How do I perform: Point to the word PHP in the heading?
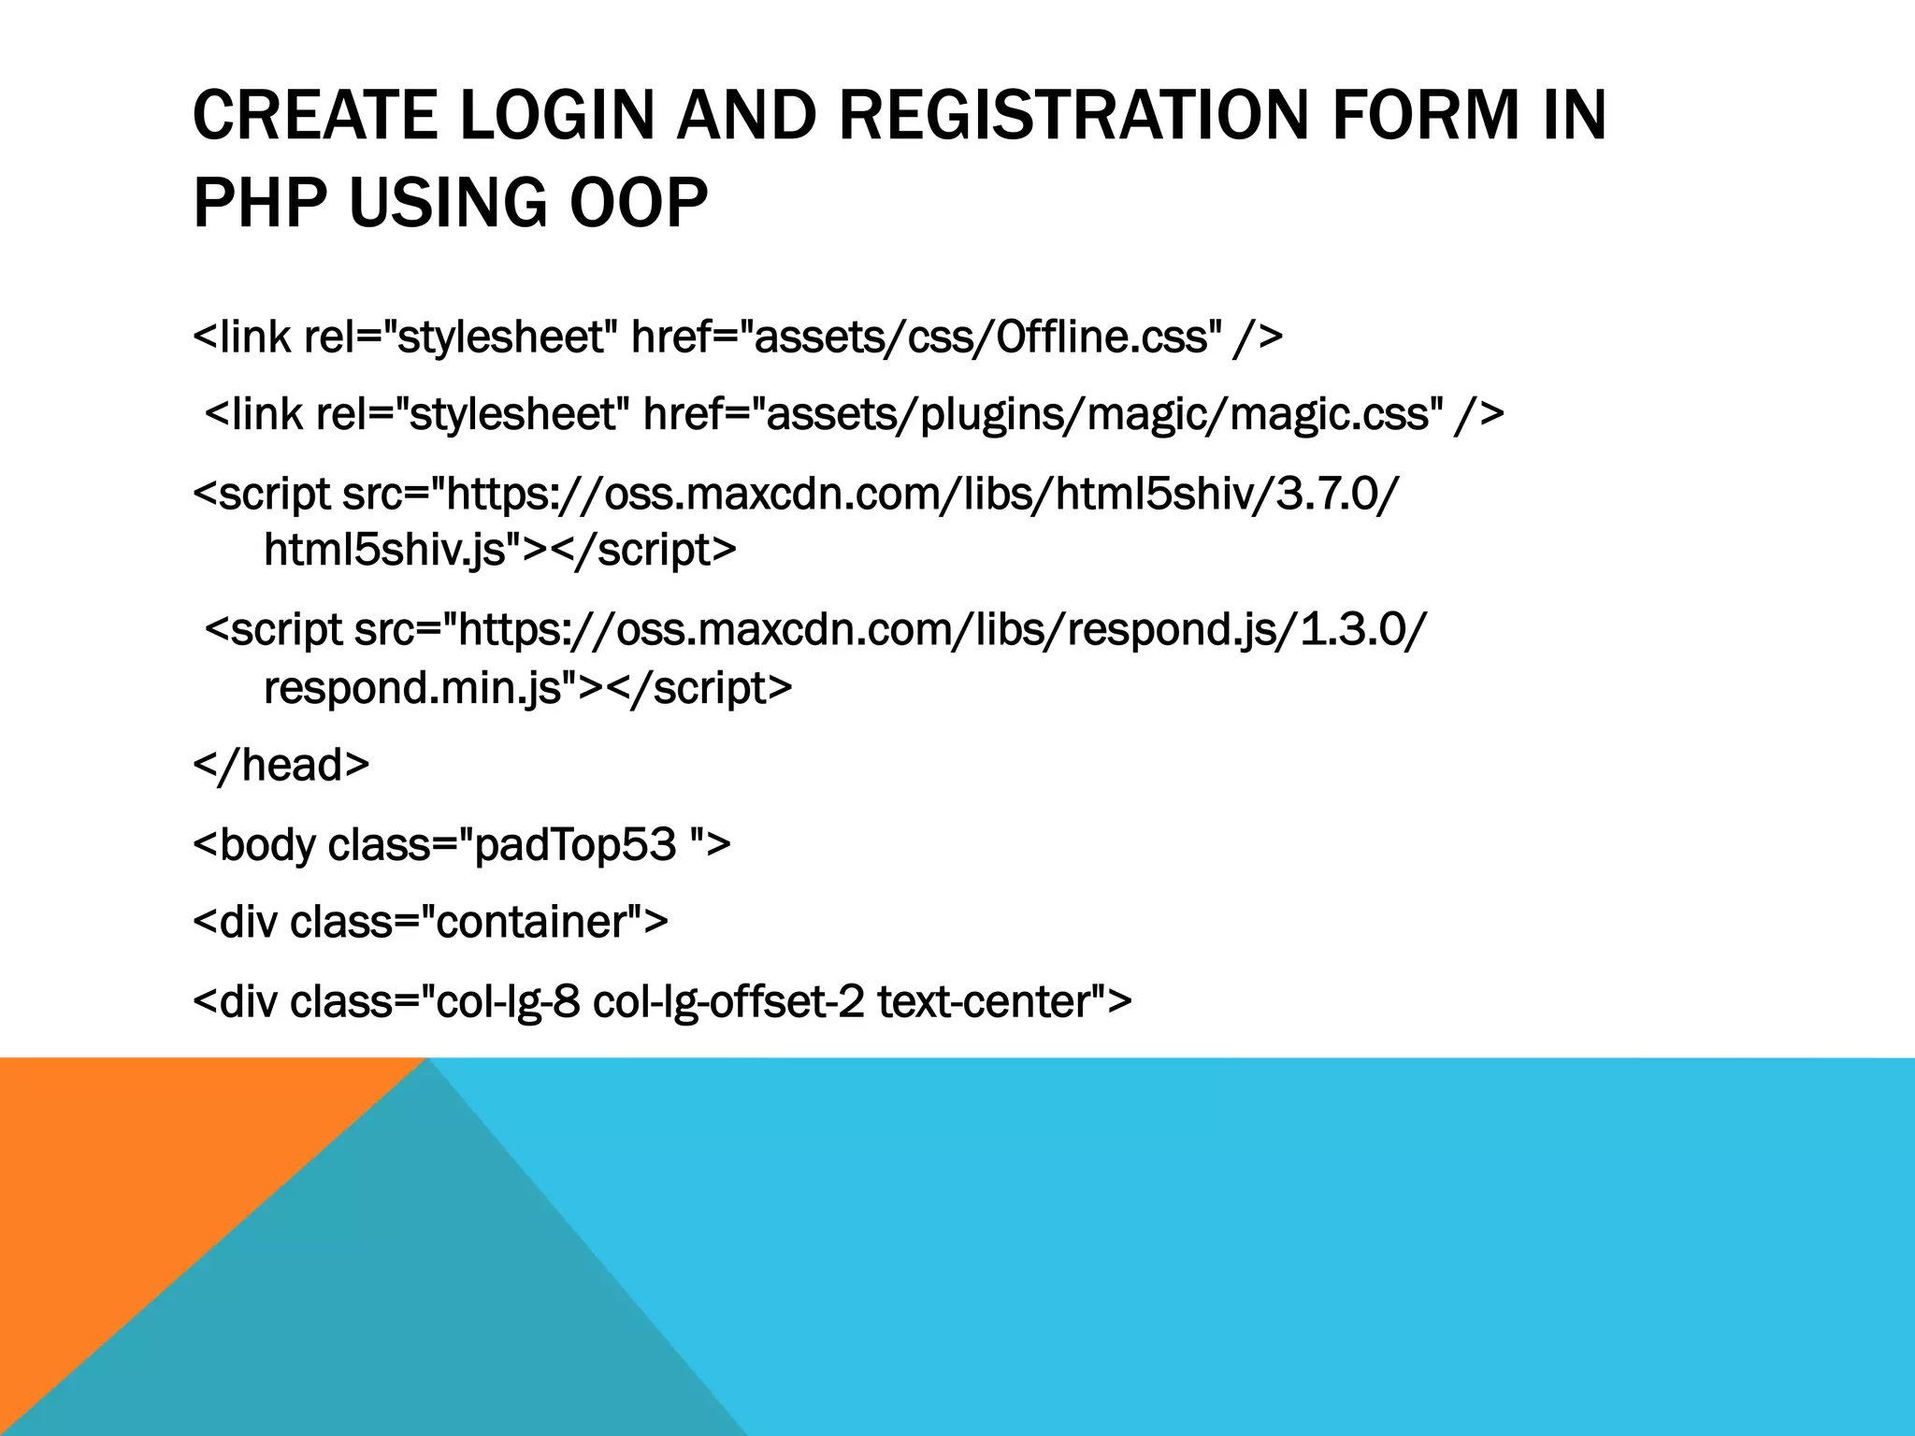click(x=261, y=203)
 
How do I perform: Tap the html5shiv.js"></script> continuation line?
click(x=500, y=550)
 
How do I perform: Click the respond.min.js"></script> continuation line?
click(x=527, y=688)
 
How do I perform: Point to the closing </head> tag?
click(x=281, y=765)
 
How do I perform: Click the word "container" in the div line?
click(x=533, y=922)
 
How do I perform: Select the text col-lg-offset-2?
click(x=728, y=1001)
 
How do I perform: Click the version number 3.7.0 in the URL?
click(x=1329, y=494)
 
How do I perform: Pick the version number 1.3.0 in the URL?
click(x=1356, y=630)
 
